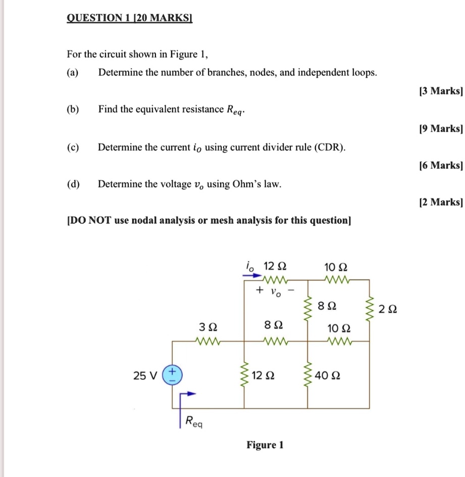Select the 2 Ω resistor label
389,309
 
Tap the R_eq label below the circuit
193,421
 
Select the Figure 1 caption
265,445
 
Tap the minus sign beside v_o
290,291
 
